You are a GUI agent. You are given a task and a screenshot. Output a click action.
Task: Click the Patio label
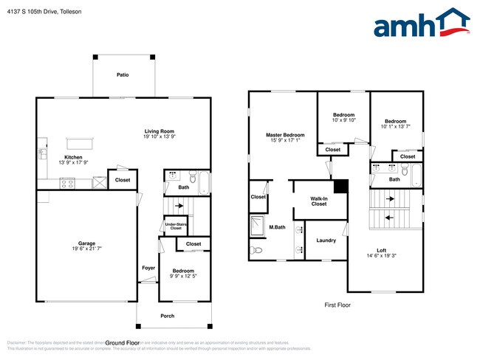point(123,75)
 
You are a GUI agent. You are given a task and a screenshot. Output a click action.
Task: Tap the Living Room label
point(159,131)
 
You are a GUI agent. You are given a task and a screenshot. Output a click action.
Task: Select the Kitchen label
point(73,157)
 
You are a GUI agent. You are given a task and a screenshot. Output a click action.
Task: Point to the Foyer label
point(148,267)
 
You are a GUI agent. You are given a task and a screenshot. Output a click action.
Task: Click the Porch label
point(168,316)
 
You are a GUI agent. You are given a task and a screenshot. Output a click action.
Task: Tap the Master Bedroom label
point(285,135)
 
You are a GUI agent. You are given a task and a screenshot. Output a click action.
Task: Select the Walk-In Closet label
point(319,201)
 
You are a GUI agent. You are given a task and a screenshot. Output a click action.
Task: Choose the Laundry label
point(326,240)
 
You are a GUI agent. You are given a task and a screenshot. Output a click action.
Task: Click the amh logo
point(422,24)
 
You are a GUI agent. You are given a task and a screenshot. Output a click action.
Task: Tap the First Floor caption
point(337,305)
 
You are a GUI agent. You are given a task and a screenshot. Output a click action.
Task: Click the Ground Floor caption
point(122,344)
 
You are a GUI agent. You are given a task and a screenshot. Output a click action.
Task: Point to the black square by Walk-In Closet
point(340,186)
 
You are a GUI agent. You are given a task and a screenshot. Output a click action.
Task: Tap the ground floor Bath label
point(183,187)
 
